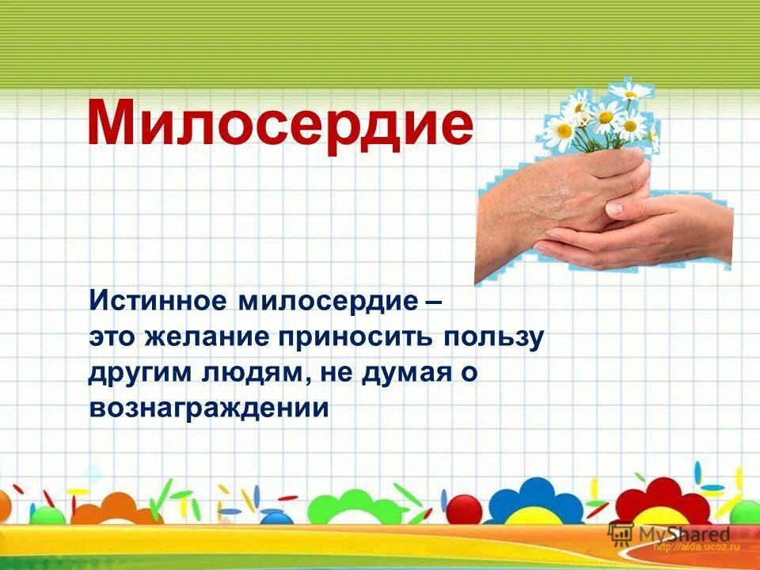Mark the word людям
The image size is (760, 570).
pos(250,373)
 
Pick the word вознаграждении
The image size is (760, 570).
pos(208,407)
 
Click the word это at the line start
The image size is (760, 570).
pos(111,337)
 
